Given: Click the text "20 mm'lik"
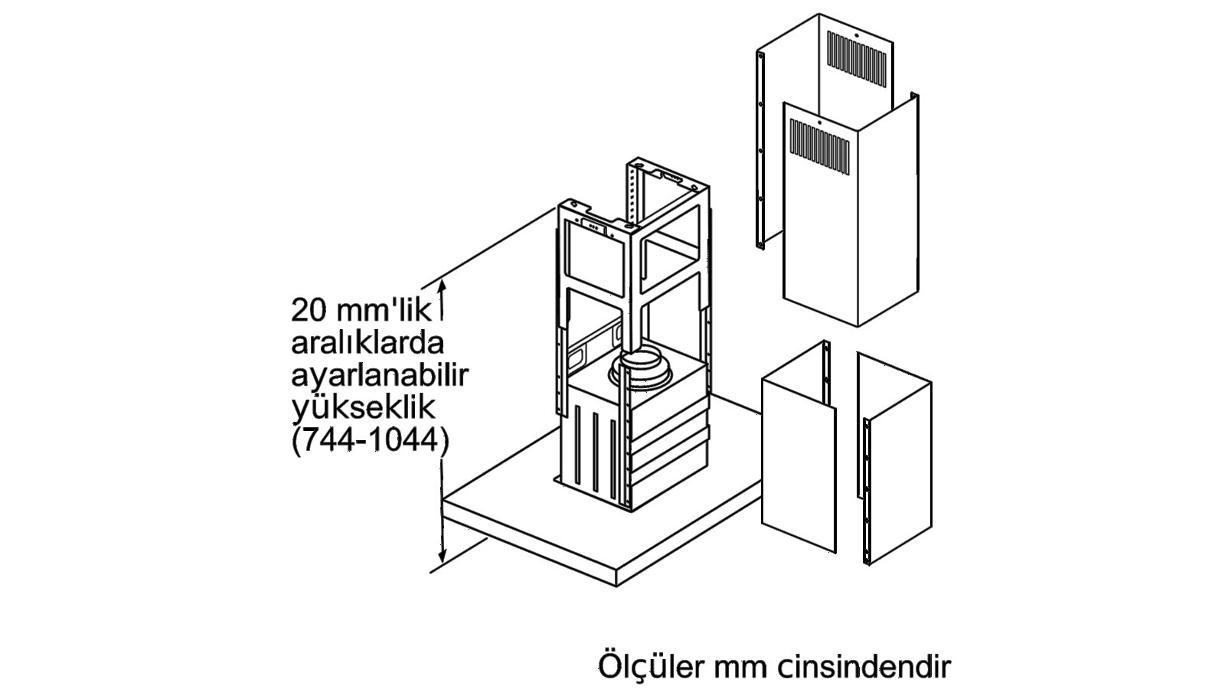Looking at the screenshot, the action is tap(361, 310).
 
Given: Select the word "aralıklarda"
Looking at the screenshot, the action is tap(367, 343).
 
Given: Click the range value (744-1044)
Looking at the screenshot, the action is tap(371, 440).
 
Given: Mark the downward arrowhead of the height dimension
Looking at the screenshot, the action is tap(443, 554).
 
